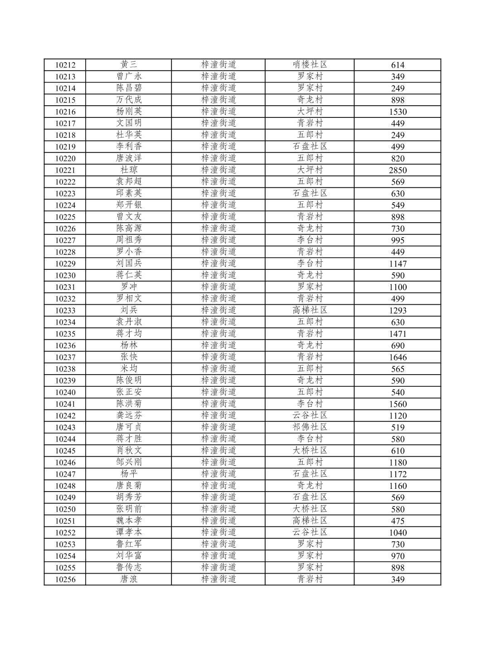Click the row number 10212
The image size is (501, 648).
65,65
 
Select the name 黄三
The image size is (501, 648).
129,65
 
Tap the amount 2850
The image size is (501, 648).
398,171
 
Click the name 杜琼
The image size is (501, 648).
129,170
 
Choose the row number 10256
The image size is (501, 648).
65,580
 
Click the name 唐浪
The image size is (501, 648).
129,579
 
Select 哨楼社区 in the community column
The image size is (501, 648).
310,65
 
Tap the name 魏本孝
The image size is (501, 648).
129,521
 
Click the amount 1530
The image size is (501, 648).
398,112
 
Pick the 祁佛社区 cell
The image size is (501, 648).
310,427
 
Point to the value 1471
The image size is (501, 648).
398,334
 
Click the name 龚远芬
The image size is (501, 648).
129,415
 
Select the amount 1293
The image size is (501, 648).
398,311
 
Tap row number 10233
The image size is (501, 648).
65,311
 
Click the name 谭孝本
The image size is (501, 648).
129,532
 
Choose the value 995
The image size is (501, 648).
398,240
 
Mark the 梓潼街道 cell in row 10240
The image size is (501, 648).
219,392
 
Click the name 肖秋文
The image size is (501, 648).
129,450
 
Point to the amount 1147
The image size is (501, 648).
398,264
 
